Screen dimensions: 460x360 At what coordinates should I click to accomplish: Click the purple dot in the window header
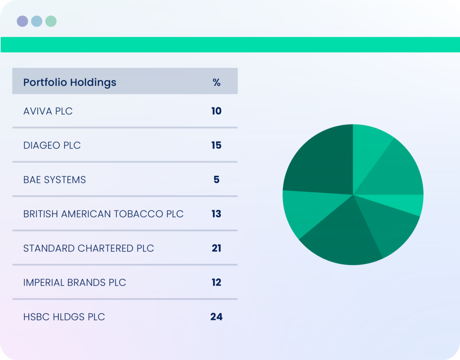(22, 21)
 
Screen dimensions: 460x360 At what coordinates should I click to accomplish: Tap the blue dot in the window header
(37, 21)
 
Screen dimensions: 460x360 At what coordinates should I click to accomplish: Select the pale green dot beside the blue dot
(51, 21)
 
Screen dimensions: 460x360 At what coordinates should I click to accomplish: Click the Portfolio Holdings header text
(70, 83)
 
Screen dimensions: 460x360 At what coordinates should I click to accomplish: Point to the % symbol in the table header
(217, 83)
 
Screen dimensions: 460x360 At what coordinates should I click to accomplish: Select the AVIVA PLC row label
(48, 111)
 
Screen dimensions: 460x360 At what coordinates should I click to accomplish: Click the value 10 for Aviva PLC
(217, 111)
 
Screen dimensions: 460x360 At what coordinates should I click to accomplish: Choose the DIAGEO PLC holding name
(52, 145)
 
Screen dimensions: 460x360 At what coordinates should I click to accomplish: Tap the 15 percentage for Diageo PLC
(217, 145)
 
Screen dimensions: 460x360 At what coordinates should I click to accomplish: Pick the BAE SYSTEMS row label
(54, 180)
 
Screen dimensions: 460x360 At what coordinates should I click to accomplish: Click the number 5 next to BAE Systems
(217, 180)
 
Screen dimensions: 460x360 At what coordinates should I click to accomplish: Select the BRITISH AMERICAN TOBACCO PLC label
(103, 214)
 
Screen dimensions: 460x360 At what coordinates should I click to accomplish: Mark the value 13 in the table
(217, 214)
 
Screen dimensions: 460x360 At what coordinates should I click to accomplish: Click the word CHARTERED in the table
(106, 248)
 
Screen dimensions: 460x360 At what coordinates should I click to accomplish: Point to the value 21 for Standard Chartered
(217, 248)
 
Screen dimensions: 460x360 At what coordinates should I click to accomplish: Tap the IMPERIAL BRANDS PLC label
(75, 283)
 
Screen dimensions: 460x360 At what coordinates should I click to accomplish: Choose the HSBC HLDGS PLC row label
(64, 317)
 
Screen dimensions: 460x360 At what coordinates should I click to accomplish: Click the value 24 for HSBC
(217, 316)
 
